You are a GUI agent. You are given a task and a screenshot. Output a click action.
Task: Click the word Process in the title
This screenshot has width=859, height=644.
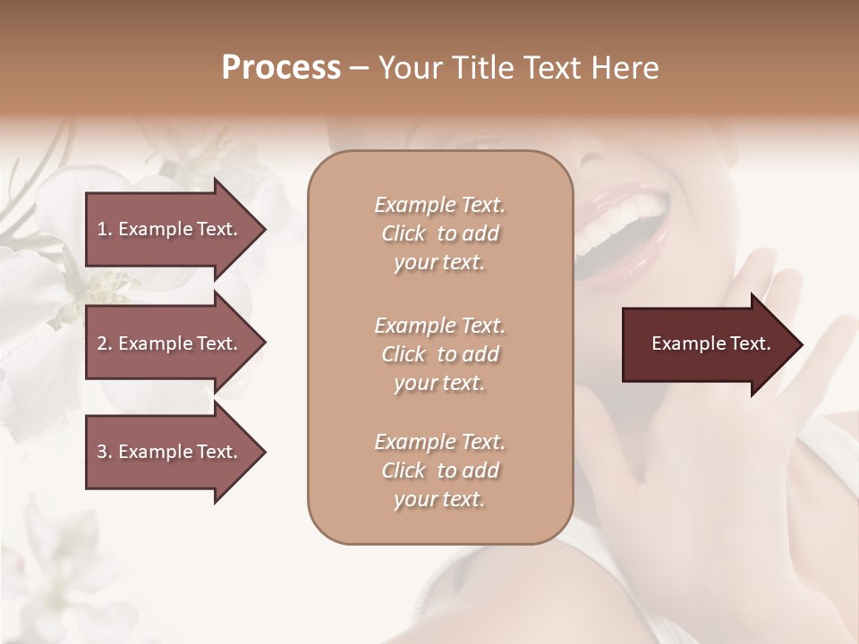point(281,68)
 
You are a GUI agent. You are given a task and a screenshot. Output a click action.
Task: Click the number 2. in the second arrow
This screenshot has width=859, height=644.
point(104,343)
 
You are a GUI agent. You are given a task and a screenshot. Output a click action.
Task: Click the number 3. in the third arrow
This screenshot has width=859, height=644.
point(104,452)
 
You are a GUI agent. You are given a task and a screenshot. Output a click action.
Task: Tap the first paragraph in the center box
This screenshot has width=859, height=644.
point(439,233)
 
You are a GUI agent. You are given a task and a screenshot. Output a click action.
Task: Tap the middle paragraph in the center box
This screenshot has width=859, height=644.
point(439,354)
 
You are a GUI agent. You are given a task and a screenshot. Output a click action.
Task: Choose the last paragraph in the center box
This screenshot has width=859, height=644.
point(439,470)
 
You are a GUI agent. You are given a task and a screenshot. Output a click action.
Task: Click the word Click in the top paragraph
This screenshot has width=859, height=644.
point(404,233)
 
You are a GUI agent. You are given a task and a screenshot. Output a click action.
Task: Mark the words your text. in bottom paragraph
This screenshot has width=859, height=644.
point(439,499)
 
